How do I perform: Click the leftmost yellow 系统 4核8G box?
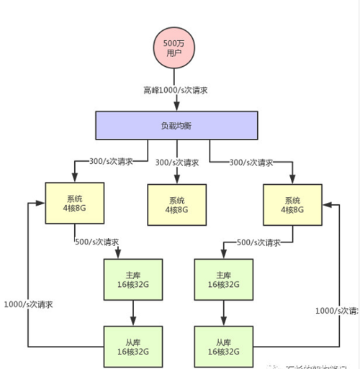click(x=75, y=204)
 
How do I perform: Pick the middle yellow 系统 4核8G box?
click(x=176, y=204)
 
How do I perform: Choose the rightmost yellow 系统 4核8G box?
click(x=292, y=205)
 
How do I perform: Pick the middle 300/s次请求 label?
click(x=177, y=163)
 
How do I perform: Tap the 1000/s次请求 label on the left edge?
click(x=27, y=304)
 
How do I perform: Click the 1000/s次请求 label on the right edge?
click(x=337, y=311)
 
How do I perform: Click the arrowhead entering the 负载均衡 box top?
click(x=176, y=107)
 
